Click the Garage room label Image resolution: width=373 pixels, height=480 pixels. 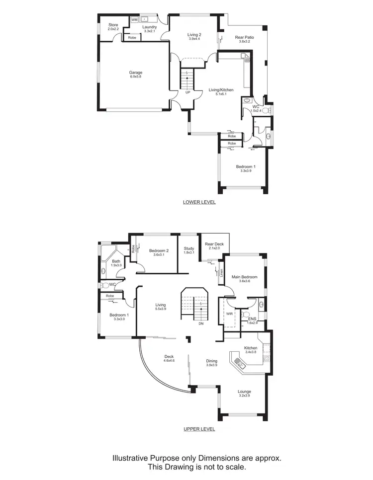coord(136,73)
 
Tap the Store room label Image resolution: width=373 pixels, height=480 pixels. coord(113,24)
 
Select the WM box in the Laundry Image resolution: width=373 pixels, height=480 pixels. coord(134,19)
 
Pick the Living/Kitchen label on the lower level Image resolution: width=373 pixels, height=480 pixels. coord(221,90)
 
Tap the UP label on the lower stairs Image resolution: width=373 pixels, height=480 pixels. coord(187,92)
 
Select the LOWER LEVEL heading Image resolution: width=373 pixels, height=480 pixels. coord(199,202)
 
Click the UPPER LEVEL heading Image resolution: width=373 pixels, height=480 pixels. coord(199,429)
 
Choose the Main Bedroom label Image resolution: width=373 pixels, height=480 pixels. coord(245,277)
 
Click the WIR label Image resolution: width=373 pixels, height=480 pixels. coord(229,314)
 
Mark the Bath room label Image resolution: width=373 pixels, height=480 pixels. coord(116,261)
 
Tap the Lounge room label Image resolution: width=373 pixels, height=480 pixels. coord(244,392)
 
